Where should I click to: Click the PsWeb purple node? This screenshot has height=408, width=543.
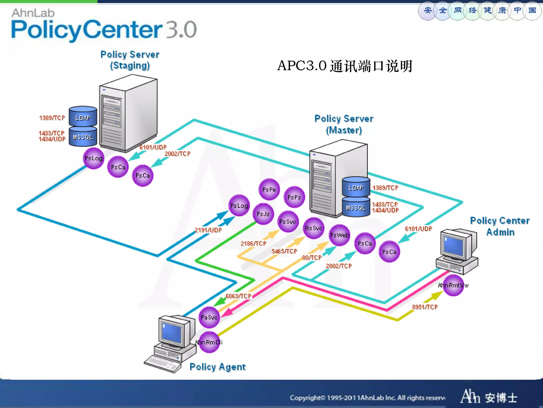pyautogui.click(x=339, y=235)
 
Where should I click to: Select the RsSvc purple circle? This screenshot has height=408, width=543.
pyautogui.click(x=314, y=228)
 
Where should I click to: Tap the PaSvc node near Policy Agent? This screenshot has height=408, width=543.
pyautogui.click(x=209, y=317)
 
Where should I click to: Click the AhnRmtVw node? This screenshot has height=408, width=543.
pyautogui.click(x=453, y=286)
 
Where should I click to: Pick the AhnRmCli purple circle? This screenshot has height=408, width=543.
pyautogui.click(x=209, y=342)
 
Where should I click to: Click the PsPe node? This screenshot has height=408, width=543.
pyautogui.click(x=269, y=189)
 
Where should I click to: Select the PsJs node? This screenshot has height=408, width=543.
pyautogui.click(x=263, y=214)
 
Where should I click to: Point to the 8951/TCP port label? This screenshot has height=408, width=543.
pyautogui.click(x=425, y=307)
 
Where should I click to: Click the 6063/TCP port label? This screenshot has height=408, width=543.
pyautogui.click(x=238, y=296)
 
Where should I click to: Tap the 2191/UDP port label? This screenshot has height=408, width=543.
pyautogui.click(x=208, y=230)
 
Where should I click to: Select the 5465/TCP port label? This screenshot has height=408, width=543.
pyautogui.click(x=284, y=251)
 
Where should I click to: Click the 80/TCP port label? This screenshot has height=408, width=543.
pyautogui.click(x=312, y=258)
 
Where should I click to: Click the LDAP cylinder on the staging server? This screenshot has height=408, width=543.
pyautogui.click(x=83, y=117)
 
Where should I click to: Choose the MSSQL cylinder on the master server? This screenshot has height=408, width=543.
pyautogui.click(x=356, y=207)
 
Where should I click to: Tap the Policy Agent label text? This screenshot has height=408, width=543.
pyautogui.click(x=217, y=367)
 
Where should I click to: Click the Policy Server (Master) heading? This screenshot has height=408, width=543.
pyautogui.click(x=344, y=124)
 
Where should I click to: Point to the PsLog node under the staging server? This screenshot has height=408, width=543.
pyautogui.click(x=94, y=158)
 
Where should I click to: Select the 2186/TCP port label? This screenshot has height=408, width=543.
pyautogui.click(x=253, y=243)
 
